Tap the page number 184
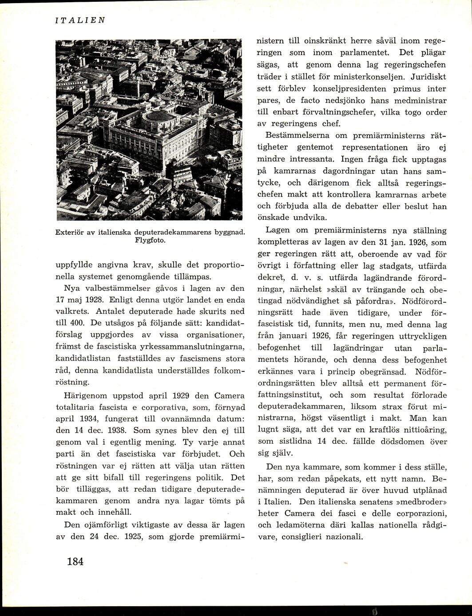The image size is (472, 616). [75, 561]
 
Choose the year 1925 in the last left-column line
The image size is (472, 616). [131, 536]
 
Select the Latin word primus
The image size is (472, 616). [391, 88]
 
